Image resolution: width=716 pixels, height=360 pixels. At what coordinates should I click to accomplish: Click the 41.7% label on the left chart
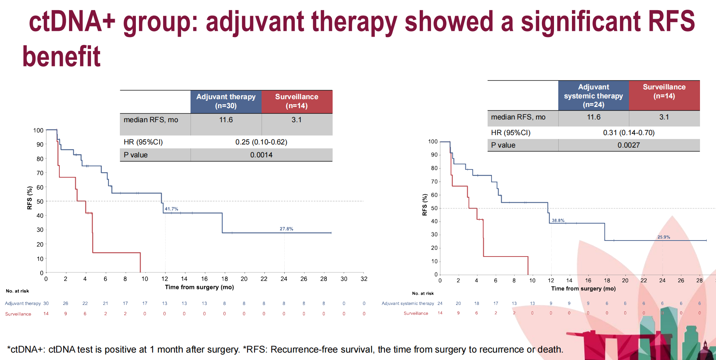171,209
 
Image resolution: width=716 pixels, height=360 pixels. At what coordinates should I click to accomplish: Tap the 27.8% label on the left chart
286,229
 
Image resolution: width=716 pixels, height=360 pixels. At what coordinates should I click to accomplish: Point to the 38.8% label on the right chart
558,221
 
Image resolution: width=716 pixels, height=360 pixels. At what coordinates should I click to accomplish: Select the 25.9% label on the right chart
664,237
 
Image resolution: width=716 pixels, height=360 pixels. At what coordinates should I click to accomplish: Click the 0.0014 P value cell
261,155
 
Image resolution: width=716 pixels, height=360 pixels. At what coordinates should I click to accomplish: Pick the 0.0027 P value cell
629,145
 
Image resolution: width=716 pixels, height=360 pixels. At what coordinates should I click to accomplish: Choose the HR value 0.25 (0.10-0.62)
261,142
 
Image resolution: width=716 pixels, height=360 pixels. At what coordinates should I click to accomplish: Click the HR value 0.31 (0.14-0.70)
629,133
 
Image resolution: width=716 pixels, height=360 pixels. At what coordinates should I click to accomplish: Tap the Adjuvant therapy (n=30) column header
226,101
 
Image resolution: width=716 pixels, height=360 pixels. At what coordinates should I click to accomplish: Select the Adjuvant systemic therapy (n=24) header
593,96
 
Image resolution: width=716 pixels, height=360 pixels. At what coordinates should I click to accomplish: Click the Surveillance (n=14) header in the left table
297,101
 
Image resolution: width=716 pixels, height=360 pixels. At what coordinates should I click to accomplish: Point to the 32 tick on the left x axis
364,279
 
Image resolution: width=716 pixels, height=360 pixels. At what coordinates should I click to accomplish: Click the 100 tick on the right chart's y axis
433,141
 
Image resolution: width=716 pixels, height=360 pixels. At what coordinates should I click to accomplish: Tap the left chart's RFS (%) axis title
30,198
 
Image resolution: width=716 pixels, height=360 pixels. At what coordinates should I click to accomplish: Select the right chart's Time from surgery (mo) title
583,289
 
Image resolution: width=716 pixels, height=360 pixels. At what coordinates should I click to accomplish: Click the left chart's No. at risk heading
17,291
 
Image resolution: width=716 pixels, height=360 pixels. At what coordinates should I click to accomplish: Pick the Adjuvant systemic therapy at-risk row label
408,303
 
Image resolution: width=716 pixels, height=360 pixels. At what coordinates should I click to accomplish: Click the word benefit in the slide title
61,57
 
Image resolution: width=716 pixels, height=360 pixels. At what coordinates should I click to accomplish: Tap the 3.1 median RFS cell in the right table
664,117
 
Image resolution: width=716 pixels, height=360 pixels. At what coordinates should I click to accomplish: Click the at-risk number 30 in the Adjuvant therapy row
46,303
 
